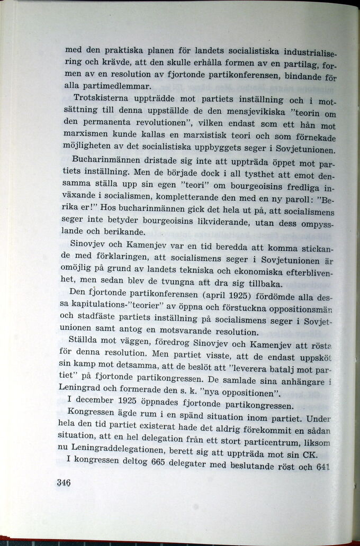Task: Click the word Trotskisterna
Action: (x=99, y=98)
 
